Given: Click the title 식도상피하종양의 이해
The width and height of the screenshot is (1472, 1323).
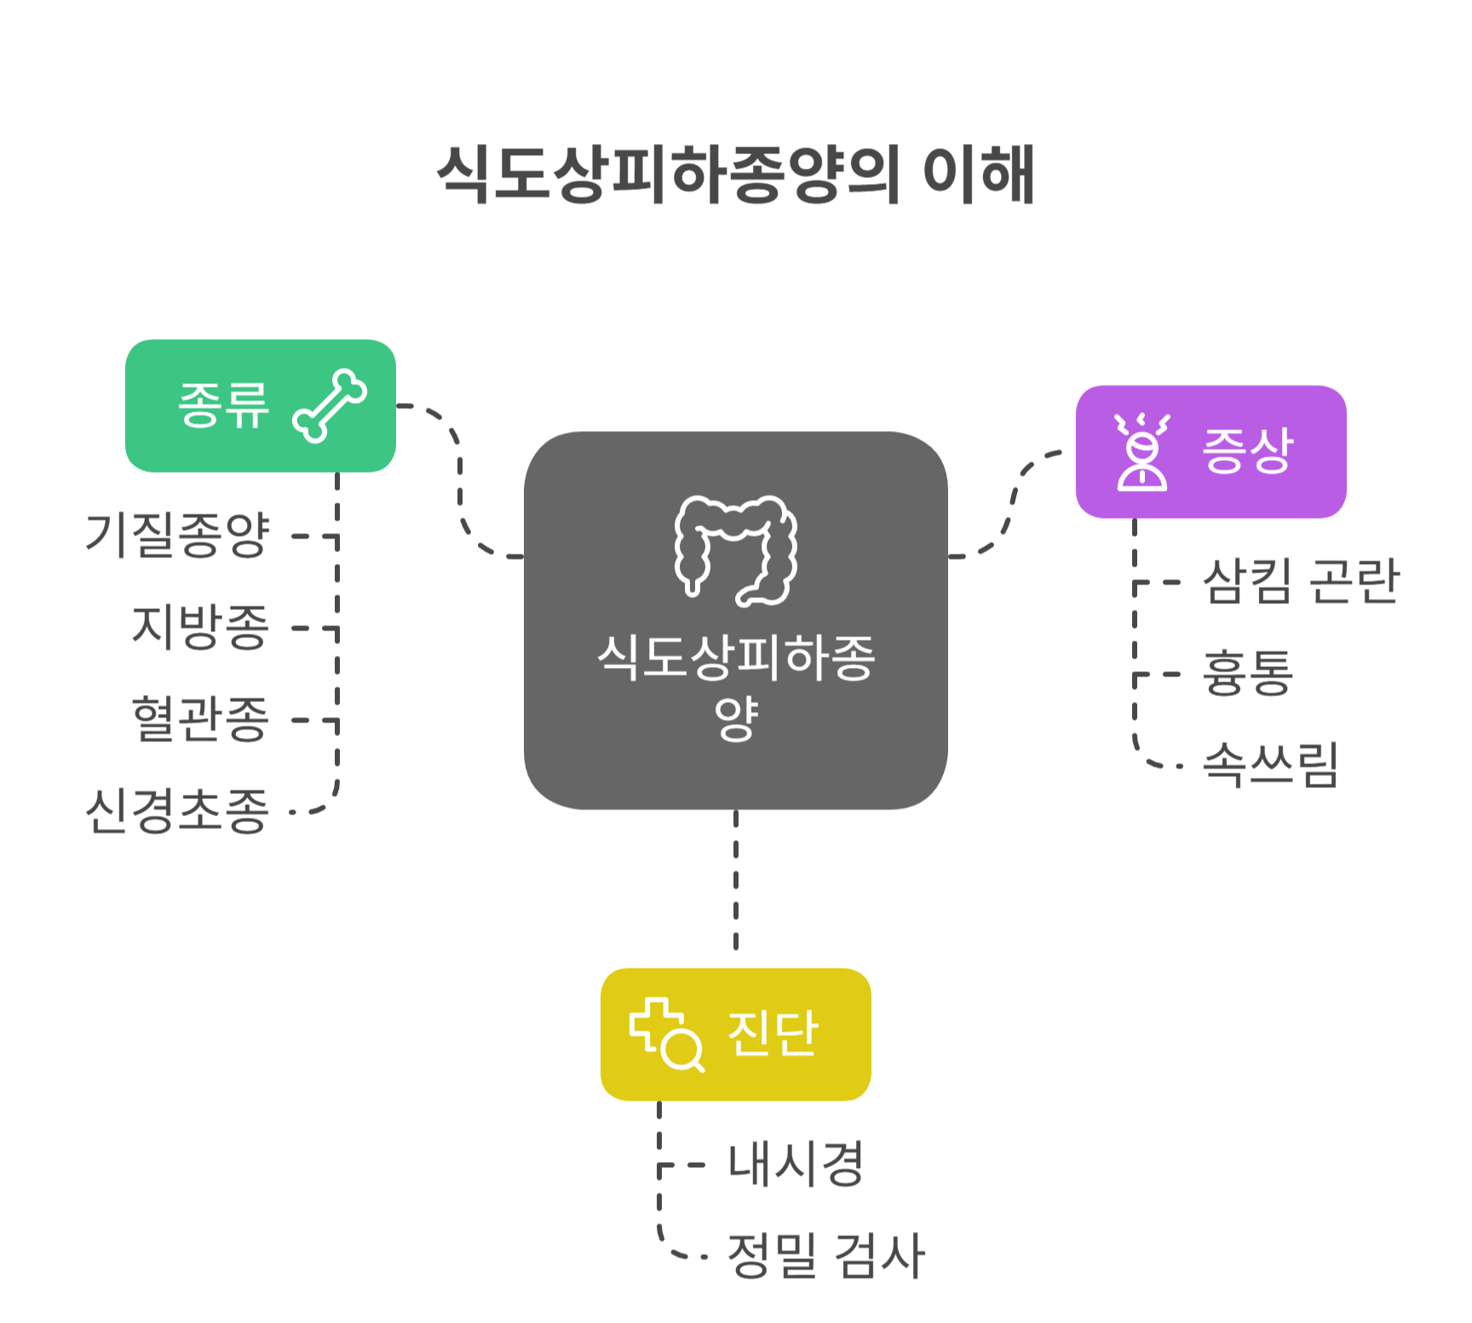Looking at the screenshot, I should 736,175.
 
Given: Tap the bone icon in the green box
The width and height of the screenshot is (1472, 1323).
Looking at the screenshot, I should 330,406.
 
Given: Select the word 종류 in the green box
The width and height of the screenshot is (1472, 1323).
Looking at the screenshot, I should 223,406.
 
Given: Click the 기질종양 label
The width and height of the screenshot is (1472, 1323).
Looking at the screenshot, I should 178,535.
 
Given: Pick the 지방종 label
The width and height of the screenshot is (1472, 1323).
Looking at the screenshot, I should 201,627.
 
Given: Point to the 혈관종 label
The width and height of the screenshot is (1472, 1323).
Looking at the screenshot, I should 201,719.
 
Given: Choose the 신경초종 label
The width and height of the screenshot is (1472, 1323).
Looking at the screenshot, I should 178,810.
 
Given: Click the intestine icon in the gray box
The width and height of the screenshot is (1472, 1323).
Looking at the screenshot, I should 736,550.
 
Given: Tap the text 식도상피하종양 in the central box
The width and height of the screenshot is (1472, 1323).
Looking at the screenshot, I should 736,687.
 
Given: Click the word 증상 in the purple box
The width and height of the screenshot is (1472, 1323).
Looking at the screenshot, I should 1248,452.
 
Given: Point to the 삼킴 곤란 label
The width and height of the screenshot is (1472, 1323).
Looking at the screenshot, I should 1301,582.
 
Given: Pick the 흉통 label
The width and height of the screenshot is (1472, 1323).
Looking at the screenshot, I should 1248,673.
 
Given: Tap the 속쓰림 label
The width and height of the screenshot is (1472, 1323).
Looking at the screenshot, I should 1270,765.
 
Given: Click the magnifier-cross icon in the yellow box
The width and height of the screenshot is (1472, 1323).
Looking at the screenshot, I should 666,1034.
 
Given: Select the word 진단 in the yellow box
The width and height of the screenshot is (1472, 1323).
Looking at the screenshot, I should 773,1034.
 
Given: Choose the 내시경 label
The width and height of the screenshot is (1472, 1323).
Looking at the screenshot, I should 796,1164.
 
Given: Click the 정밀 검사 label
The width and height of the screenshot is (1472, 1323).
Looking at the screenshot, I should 825,1256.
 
